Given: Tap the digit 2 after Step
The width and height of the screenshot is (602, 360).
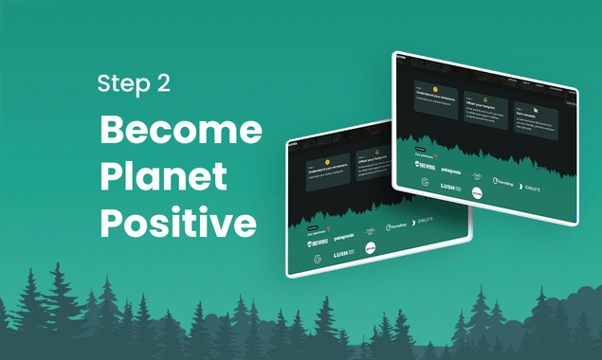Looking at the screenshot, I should coord(163,84).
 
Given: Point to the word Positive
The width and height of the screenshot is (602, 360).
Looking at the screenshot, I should coord(178,224).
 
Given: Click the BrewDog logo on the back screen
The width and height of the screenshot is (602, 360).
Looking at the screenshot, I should coord(319,243).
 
